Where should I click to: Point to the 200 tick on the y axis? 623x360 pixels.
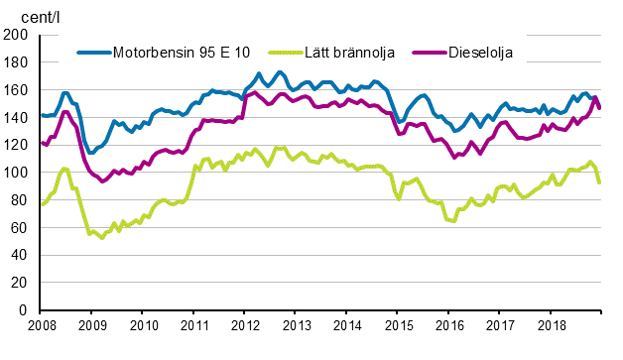tap(16, 35)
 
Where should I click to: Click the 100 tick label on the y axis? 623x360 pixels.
tap(16, 173)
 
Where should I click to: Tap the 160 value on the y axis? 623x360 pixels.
tap(16, 90)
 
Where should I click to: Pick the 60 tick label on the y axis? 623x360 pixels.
tap(19, 228)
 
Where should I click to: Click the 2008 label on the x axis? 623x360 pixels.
tap(41, 324)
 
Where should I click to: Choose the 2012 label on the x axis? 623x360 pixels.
tap(245, 324)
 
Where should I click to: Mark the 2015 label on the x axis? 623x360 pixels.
tap(398, 324)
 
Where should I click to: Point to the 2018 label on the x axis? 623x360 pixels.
tap(551, 324)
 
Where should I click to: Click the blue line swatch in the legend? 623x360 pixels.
tap(95, 52)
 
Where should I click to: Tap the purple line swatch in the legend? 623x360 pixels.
tap(428, 52)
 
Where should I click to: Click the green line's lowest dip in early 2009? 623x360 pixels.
tap(101, 238)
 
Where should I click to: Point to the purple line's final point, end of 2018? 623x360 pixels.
tap(599, 108)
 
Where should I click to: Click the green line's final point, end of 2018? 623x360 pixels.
tap(599, 182)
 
